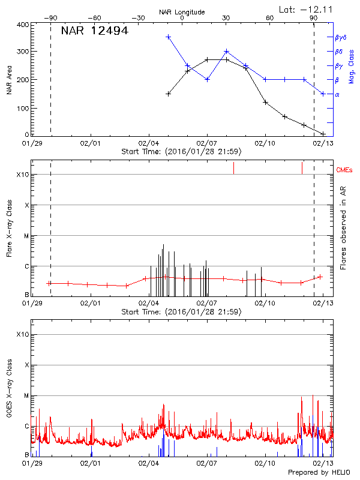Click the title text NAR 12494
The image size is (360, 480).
95,31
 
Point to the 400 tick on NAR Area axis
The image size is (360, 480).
21,25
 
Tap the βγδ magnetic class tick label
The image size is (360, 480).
340,37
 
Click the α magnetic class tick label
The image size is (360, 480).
337,94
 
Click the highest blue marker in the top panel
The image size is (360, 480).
169,37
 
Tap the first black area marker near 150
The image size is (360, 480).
169,94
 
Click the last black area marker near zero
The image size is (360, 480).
323,134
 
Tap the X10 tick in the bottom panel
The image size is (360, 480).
22,334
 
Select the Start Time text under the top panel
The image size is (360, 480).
181,151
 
